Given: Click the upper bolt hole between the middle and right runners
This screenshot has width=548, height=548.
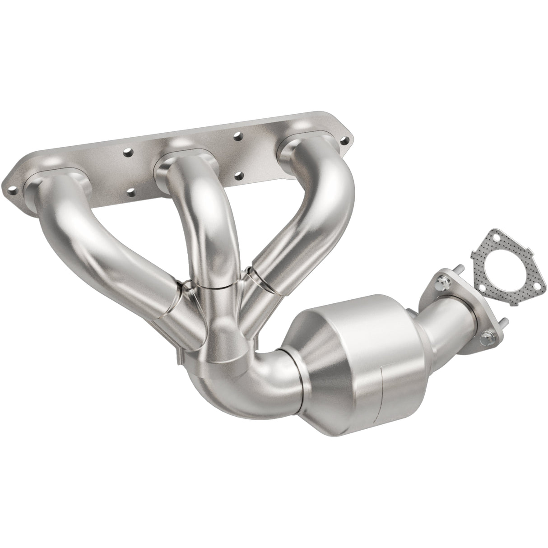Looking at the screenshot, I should [x=236, y=135].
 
